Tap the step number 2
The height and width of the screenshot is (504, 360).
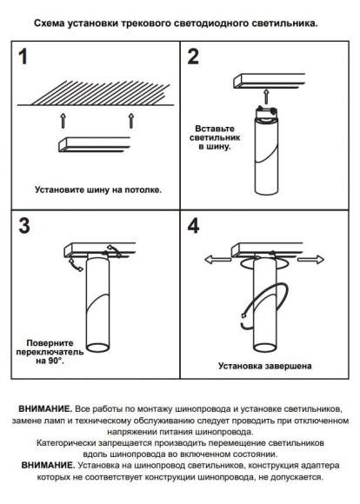pyautogui.click(x=193, y=58)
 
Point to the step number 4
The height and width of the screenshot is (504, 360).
pyautogui.click(x=193, y=227)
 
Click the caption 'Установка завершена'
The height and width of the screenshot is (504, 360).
pyautogui.click(x=265, y=366)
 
